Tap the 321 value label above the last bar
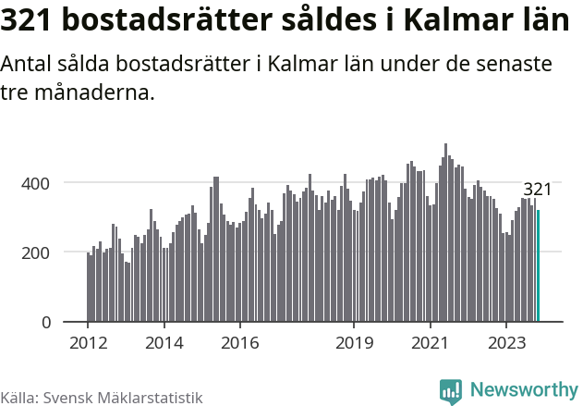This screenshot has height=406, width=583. pyautogui.click(x=537, y=190)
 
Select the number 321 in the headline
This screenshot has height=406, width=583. pyautogui.click(x=30, y=21)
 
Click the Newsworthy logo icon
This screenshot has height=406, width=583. pyautogui.click(x=451, y=391)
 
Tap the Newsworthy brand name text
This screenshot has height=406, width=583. pyautogui.click(x=523, y=390)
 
